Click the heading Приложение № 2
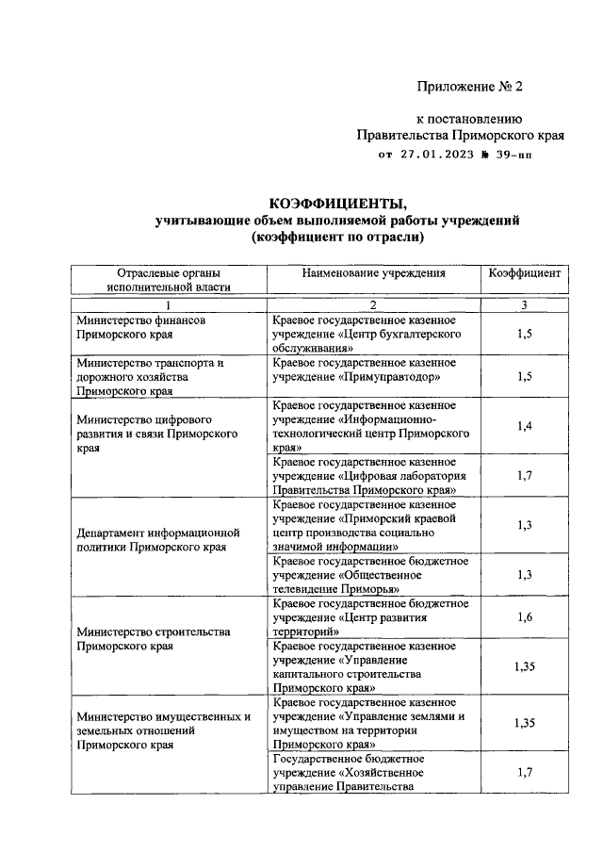(x=469, y=87)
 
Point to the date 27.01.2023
(x=440, y=155)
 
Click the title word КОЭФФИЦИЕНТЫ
(x=338, y=203)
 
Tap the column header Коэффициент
(x=525, y=273)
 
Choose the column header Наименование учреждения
(x=373, y=273)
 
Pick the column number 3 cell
(x=525, y=304)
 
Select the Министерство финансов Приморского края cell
(x=141, y=327)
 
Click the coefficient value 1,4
(x=525, y=426)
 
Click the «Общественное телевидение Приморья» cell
(x=364, y=574)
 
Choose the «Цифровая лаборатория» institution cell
(x=364, y=476)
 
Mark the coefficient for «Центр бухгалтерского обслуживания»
(x=525, y=334)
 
